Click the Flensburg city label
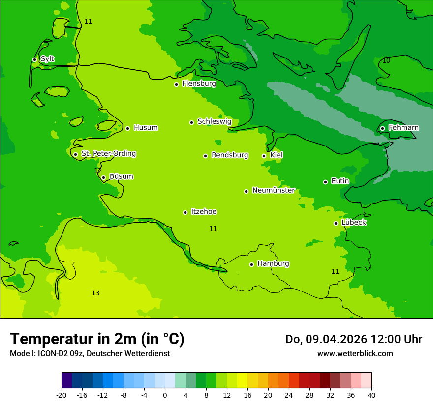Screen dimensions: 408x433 point(199,84)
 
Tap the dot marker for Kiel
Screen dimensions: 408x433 point(264,156)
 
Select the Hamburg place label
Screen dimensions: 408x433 point(273,264)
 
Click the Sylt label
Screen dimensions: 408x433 point(47,59)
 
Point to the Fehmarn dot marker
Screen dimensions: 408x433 point(383,128)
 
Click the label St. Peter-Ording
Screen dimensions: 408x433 point(108,154)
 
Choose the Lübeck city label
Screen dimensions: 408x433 point(354,223)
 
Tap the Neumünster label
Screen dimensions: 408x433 point(274,190)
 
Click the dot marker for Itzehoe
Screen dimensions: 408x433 point(186,212)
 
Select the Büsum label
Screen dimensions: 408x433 point(121,177)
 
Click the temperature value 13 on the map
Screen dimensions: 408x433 point(95,293)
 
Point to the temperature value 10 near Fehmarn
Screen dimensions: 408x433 point(387,60)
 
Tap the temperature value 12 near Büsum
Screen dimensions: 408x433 point(98,171)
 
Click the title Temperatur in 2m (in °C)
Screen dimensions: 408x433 point(97,339)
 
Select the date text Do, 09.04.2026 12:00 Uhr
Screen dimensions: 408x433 point(354,339)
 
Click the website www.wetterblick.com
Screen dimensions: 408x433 point(355,354)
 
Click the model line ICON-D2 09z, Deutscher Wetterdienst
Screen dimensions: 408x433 point(90,354)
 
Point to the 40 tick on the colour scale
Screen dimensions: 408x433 point(371,395)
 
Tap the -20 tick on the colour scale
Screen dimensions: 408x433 point(62,395)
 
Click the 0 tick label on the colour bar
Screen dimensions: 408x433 point(165,395)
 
